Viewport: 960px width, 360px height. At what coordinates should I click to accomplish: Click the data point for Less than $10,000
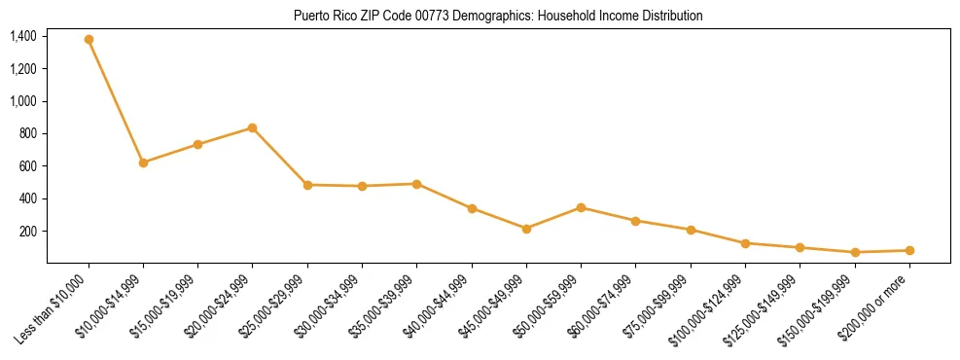coord(89,40)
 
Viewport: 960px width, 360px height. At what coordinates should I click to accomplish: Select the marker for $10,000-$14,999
coord(143,162)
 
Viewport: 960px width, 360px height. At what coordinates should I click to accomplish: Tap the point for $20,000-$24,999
coord(253,127)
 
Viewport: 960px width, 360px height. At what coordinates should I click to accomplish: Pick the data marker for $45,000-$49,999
coord(526,229)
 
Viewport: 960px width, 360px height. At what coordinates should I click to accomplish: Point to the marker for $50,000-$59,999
coord(581,207)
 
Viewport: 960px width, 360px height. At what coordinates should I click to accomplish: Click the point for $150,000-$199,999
coord(855,252)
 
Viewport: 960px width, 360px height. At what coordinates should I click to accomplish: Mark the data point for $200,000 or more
coord(909,250)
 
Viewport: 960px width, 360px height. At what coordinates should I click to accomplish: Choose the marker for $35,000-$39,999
coord(416,184)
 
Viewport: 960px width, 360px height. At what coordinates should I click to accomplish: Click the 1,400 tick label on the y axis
coord(23,36)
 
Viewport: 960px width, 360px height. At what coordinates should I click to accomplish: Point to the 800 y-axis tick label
coord(28,133)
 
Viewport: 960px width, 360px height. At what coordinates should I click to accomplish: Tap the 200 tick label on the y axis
coord(28,231)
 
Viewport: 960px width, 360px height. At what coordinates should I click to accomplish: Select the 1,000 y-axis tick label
coord(23,101)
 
